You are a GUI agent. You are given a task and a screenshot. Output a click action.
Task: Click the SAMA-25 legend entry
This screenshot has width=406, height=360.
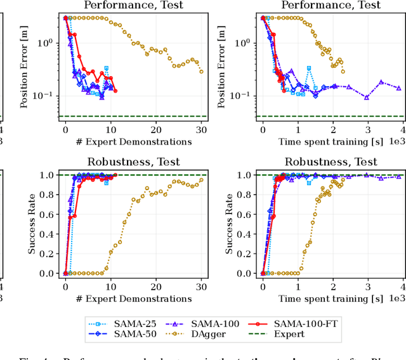click(122, 323)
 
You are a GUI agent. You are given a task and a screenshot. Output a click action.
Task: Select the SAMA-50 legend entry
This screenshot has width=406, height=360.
click(122, 333)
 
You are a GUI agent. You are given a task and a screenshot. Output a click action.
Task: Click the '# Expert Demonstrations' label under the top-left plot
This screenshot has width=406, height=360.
click(134, 141)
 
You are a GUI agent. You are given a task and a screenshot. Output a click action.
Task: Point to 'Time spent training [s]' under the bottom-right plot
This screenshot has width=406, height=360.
click(332, 297)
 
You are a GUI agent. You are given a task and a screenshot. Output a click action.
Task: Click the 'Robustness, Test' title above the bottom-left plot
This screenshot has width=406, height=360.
click(134, 162)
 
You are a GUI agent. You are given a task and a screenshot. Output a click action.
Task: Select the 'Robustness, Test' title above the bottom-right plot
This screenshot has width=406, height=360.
click(332, 162)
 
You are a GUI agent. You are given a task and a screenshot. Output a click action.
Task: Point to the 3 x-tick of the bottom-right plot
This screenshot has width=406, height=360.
click(366, 285)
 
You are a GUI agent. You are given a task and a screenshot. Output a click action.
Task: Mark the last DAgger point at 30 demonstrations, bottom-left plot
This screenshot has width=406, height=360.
click(202, 179)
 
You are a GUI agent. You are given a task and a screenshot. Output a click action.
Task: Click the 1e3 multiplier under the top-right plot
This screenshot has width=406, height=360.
click(396, 141)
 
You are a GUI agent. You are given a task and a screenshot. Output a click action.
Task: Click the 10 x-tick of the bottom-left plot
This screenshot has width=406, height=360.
click(111, 285)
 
